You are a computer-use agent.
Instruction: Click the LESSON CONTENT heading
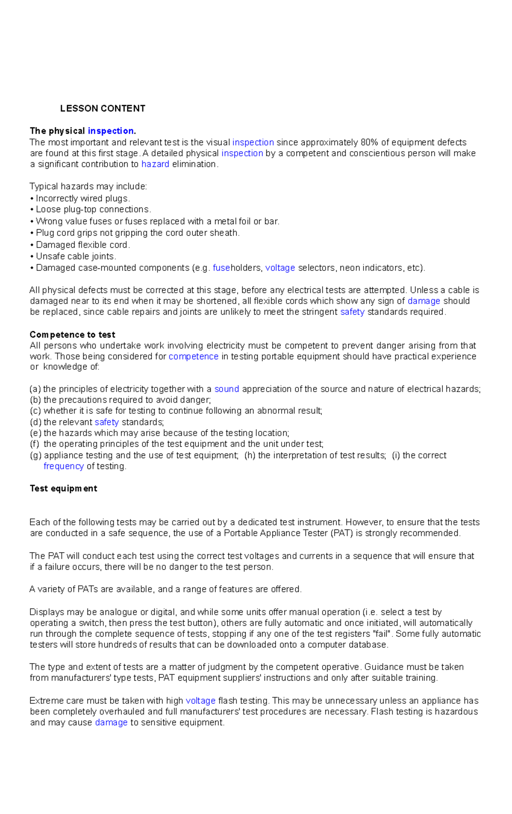point(102,108)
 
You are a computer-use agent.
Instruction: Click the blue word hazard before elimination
point(155,164)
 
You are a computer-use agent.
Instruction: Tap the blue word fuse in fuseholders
point(221,268)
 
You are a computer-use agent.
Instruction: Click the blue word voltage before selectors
point(280,268)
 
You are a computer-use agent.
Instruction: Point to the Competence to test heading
point(73,334)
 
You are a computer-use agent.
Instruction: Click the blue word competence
point(193,356)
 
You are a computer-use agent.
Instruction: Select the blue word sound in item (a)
point(227,389)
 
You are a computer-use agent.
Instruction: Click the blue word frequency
point(64,466)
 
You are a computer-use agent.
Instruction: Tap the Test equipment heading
point(64,488)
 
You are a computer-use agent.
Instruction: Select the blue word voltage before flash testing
point(201,701)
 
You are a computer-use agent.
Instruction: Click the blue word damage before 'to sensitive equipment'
point(111,723)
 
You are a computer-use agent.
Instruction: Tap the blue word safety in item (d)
point(107,422)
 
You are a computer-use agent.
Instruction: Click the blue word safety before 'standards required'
point(352,312)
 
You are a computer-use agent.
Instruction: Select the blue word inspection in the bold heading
point(111,131)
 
